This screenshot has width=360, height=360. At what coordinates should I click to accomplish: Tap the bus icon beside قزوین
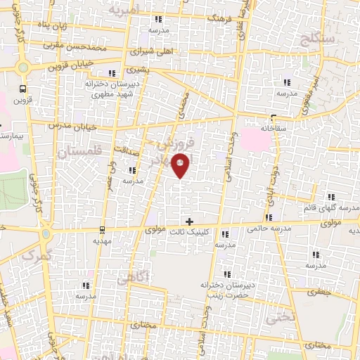click(x=24, y=89)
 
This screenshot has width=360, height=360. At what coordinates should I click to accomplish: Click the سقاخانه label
click(x=275, y=129)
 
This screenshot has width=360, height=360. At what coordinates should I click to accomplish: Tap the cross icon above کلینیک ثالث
click(x=188, y=221)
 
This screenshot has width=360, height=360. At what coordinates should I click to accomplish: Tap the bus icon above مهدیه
click(x=103, y=229)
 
